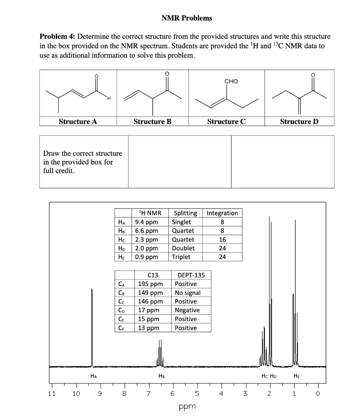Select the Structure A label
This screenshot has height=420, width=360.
pyautogui.click(x=78, y=121)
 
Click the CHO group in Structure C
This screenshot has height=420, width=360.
pyautogui.click(x=231, y=81)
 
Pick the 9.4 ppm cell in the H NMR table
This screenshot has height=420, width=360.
pyautogui.click(x=147, y=222)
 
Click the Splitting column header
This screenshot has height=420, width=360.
pyautogui.click(x=186, y=213)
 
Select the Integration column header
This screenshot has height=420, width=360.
pyautogui.click(x=222, y=213)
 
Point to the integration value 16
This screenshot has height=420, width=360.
pyautogui.click(x=222, y=240)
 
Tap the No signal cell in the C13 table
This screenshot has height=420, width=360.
pyautogui.click(x=188, y=292)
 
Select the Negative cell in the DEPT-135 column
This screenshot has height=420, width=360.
pyautogui.click(x=187, y=310)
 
